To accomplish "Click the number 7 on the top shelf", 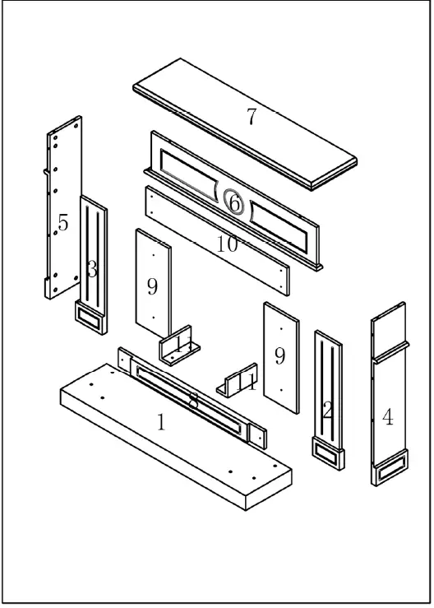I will [x=251, y=117].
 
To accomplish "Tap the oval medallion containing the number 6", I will [x=234, y=202].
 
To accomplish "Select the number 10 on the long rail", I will [x=228, y=244].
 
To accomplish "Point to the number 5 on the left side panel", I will [x=63, y=222].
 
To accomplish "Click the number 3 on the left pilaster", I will [x=92, y=269].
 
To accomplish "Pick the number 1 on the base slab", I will [x=161, y=423].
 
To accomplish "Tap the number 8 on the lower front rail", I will [x=193, y=401].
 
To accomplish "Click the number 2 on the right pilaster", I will [x=327, y=411].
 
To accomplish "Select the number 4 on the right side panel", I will [x=387, y=417].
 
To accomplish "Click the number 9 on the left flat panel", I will [x=152, y=286].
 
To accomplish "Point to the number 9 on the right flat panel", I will [x=279, y=355].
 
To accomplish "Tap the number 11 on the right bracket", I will [x=246, y=382].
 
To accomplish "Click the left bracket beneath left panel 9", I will [x=179, y=346].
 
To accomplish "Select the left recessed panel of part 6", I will [x=190, y=174].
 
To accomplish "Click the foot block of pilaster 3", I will [x=90, y=318].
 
